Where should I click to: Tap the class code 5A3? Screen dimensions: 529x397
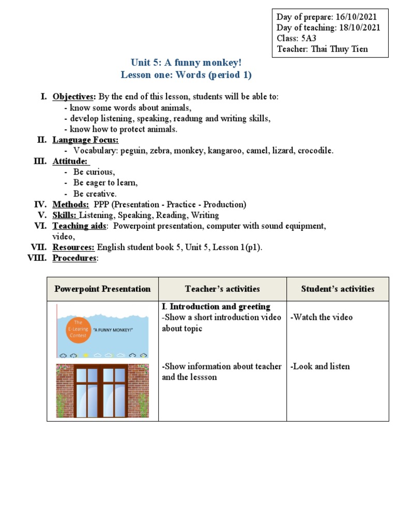pos(307,39)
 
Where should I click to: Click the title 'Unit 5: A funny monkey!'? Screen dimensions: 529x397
pos(186,63)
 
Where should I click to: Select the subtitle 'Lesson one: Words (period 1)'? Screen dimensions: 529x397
pos(186,75)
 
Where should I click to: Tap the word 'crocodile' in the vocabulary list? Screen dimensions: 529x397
pos(315,151)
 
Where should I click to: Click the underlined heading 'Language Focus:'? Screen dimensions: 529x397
pos(85,140)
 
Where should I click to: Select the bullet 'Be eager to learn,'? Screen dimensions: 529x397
pos(105,183)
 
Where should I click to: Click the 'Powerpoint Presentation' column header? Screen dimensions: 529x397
pos(102,289)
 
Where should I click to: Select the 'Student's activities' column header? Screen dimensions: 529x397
pos(338,289)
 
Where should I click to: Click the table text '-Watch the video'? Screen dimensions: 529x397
pos(322,317)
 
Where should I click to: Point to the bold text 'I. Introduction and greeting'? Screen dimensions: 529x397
pos(216,307)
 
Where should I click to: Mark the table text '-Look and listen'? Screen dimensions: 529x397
pos(320,366)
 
